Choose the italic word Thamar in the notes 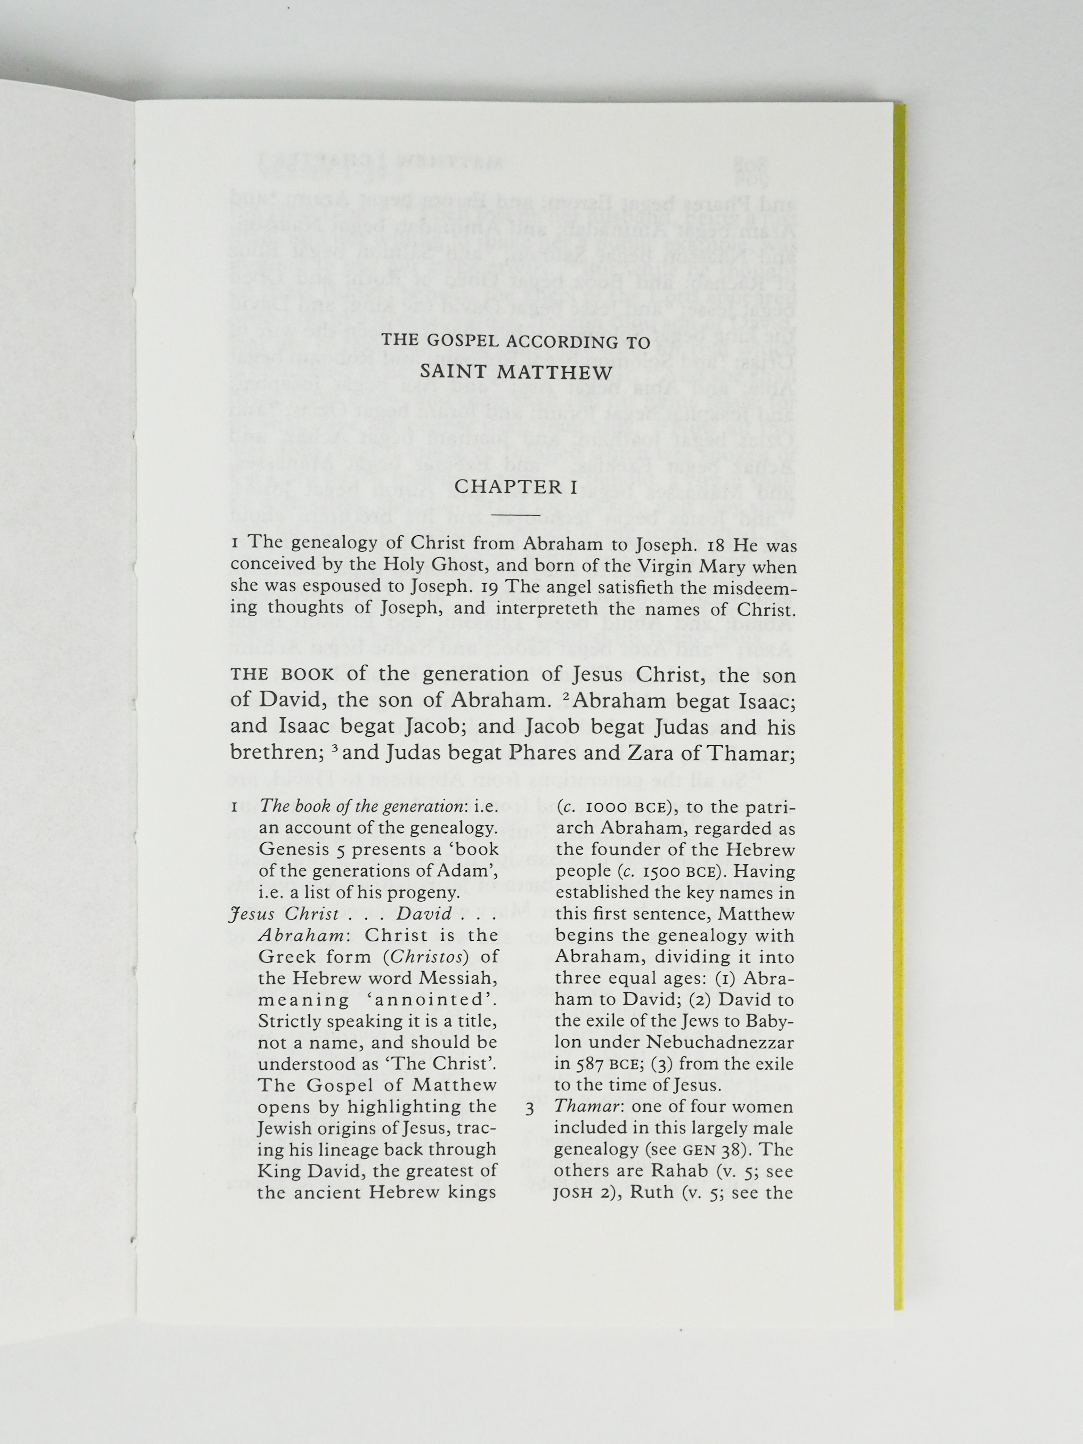coord(583,1107)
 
